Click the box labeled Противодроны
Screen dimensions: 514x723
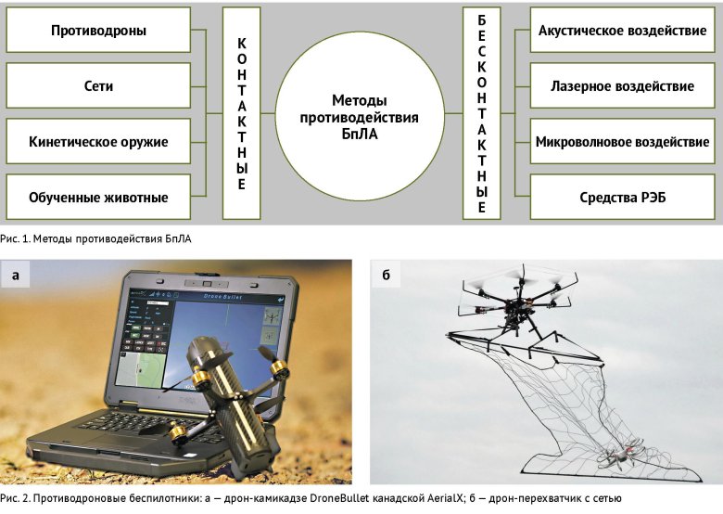[x=98, y=31]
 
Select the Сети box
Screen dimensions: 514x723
[x=98, y=86]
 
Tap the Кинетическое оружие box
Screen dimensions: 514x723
[x=98, y=142]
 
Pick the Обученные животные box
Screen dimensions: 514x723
[x=98, y=197]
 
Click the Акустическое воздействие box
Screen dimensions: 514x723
[x=622, y=31]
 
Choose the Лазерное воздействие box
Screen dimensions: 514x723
[x=622, y=86]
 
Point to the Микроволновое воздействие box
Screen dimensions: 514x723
[x=622, y=142]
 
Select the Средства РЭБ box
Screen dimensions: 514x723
[x=622, y=197]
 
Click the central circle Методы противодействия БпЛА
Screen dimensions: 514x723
[x=361, y=115]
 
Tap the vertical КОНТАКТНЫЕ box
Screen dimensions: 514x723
[x=241, y=114]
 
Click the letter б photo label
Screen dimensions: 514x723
[x=385, y=275]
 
